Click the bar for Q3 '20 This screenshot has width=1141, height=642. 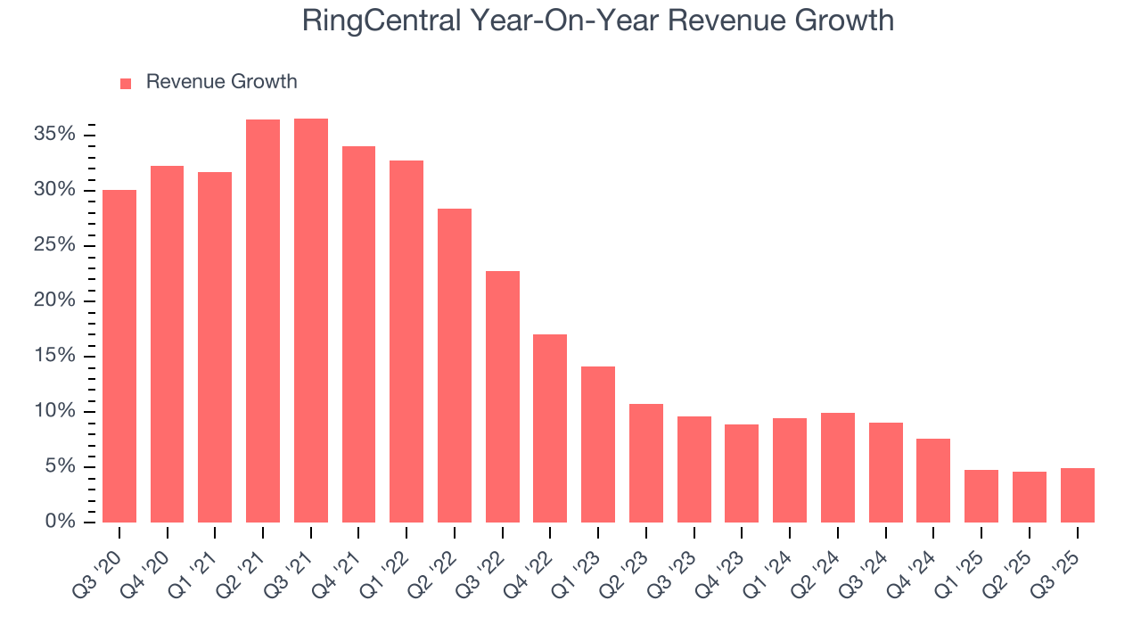click(x=119, y=356)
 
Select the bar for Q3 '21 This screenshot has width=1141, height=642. click(x=311, y=320)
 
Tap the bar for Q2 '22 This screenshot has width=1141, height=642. click(x=455, y=366)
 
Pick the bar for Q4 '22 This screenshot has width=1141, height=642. click(x=550, y=428)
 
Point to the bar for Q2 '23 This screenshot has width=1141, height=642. click(x=646, y=463)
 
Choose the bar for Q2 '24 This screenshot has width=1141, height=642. click(x=838, y=467)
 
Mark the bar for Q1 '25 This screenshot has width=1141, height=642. click(x=981, y=496)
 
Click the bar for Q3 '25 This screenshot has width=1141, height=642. click(x=1077, y=495)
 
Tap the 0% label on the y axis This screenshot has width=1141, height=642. click(x=61, y=522)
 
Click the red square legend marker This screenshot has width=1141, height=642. click(x=126, y=83)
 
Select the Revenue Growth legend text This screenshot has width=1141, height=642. click(x=221, y=82)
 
